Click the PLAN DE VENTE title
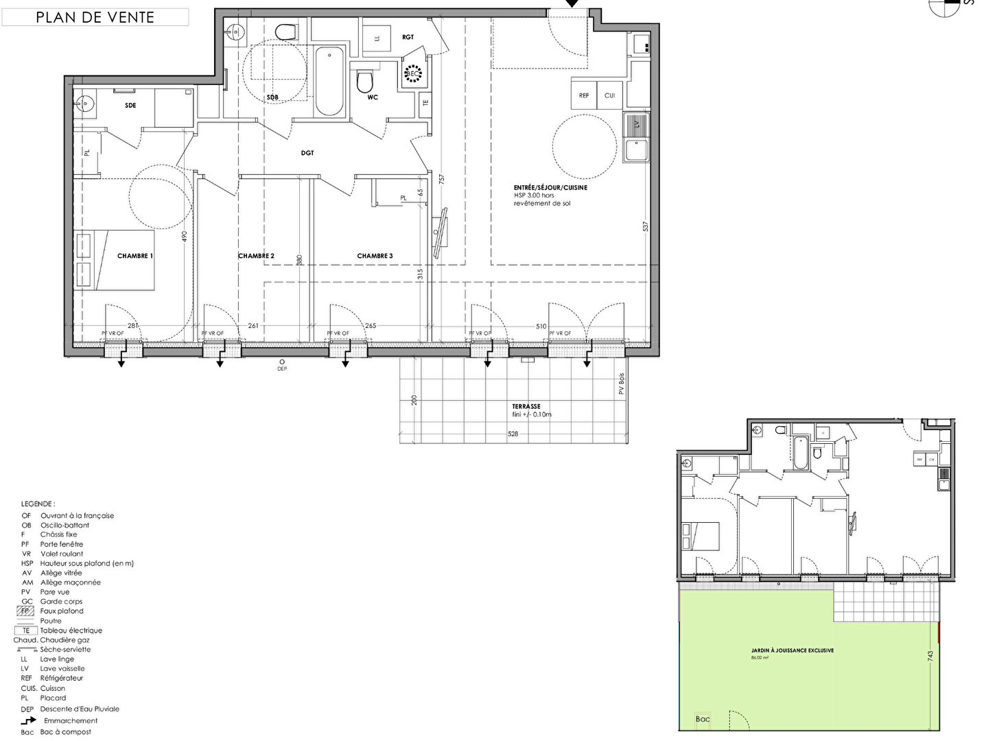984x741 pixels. tap(95, 17)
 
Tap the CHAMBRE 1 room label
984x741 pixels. tap(135, 256)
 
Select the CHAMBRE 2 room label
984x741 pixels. tap(256, 256)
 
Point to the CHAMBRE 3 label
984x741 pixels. tap(375, 256)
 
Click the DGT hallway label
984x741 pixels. tap(307, 153)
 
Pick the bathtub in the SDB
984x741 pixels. tap(330, 81)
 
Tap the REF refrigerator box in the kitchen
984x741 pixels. tap(584, 95)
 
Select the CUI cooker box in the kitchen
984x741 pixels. tap(609, 95)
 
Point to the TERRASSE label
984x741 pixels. tap(526, 406)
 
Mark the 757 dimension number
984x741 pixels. tap(442, 178)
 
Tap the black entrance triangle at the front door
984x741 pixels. tap(572, 4)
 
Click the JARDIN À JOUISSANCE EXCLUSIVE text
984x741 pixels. tap(792, 650)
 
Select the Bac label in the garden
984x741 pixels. tap(703, 719)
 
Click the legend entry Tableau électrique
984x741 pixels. tap(71, 631)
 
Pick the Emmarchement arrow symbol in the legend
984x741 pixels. tap(28, 720)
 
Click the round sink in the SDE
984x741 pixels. tap(84, 104)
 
